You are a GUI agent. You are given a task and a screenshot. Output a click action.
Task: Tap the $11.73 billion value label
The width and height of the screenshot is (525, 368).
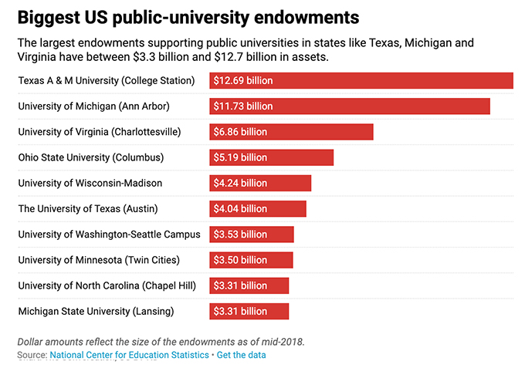click(x=243, y=106)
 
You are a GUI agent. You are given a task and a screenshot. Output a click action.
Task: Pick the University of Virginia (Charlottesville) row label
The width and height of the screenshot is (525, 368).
click(x=100, y=132)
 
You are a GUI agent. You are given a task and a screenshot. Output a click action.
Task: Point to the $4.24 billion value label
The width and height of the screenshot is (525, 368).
click(x=241, y=183)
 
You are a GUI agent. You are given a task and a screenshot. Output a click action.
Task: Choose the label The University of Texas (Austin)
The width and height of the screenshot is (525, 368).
click(x=90, y=208)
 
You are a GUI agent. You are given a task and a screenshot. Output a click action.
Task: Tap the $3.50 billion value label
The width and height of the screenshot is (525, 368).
click(x=241, y=260)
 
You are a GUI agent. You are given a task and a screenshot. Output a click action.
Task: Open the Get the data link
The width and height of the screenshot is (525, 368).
click(x=242, y=355)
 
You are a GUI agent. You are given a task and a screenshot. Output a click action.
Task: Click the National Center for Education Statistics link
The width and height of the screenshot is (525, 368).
click(x=129, y=355)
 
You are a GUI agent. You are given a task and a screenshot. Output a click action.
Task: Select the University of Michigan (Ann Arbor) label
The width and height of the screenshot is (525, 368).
click(x=93, y=106)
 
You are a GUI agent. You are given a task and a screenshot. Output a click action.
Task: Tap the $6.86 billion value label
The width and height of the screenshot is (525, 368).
click(x=241, y=132)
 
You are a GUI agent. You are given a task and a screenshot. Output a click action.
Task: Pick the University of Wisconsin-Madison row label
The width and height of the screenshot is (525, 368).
click(x=90, y=183)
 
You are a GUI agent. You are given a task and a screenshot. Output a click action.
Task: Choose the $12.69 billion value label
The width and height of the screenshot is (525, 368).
click(x=243, y=80)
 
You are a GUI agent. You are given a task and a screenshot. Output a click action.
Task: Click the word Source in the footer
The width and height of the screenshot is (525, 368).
click(x=32, y=355)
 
